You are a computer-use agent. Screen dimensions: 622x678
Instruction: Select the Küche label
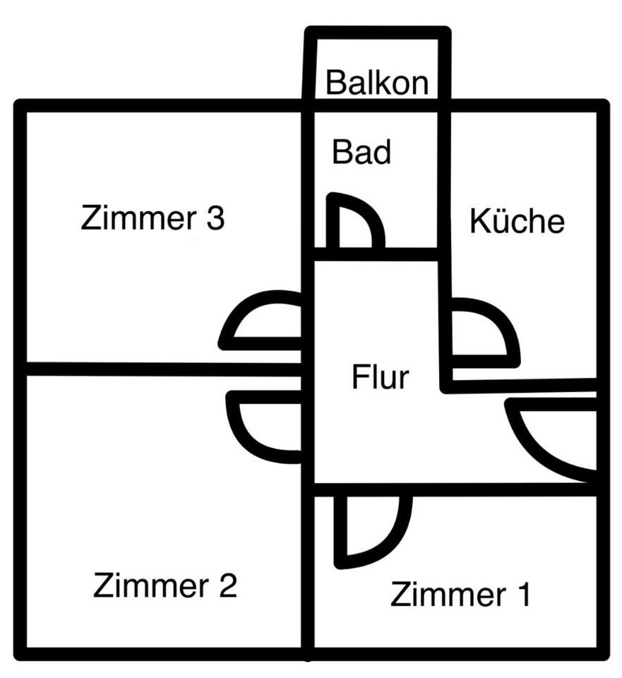(x=517, y=220)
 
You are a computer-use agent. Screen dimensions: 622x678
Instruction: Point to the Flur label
(x=380, y=376)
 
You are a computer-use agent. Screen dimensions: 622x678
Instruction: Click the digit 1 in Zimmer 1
(x=524, y=595)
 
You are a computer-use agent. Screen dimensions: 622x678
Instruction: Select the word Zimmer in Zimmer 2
(x=151, y=585)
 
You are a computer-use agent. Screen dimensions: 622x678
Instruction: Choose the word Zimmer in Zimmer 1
(x=448, y=595)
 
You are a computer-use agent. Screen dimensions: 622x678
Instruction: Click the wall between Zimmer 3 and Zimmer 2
(x=165, y=369)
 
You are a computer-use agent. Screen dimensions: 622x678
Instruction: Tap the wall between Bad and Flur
(x=376, y=254)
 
